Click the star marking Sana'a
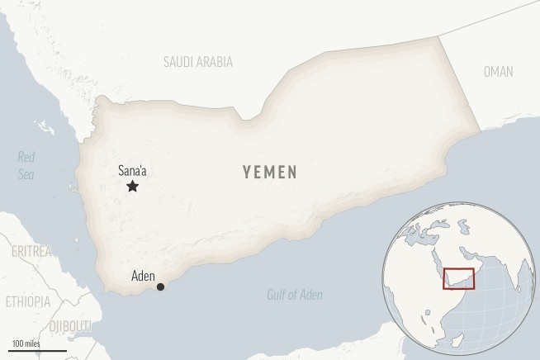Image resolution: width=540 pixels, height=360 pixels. [x=132, y=187]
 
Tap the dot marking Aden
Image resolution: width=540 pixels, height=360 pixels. [x=160, y=287]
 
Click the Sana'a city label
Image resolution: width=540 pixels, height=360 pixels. [x=133, y=171]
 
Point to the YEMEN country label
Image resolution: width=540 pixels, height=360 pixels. [x=270, y=172]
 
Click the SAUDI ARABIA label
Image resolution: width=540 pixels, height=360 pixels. [x=198, y=62]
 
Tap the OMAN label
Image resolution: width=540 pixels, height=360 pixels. [x=498, y=72]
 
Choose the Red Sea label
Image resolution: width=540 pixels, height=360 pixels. [x=27, y=164]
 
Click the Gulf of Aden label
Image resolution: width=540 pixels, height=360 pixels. [x=295, y=295]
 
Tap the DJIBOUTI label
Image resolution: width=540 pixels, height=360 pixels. [x=71, y=328]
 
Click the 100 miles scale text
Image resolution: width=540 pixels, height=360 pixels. [x=26, y=343]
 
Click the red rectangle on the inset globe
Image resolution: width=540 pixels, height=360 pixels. [x=458, y=279]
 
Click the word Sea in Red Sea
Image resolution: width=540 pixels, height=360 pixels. [x=27, y=173]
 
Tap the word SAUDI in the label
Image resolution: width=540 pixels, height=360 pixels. [x=179, y=62]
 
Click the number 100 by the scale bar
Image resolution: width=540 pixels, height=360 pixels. [x=18, y=343]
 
